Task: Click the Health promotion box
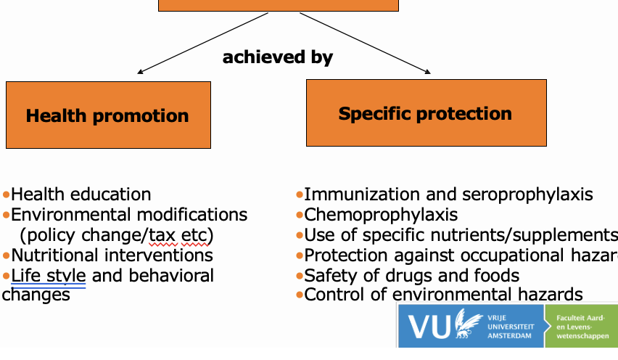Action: [x=108, y=115]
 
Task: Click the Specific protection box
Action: [x=425, y=113]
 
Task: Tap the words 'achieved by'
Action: [x=278, y=57]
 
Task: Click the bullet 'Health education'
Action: [x=81, y=195]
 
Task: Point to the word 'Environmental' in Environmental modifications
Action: [x=66, y=215]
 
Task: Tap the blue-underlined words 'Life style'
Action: [x=49, y=276]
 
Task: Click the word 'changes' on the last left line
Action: [x=36, y=295]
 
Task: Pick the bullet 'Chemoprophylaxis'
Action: [x=381, y=215]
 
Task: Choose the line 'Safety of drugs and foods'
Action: [x=411, y=276]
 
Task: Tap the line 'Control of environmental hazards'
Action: [x=443, y=294]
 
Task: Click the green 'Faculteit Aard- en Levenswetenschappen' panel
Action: [x=584, y=327]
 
